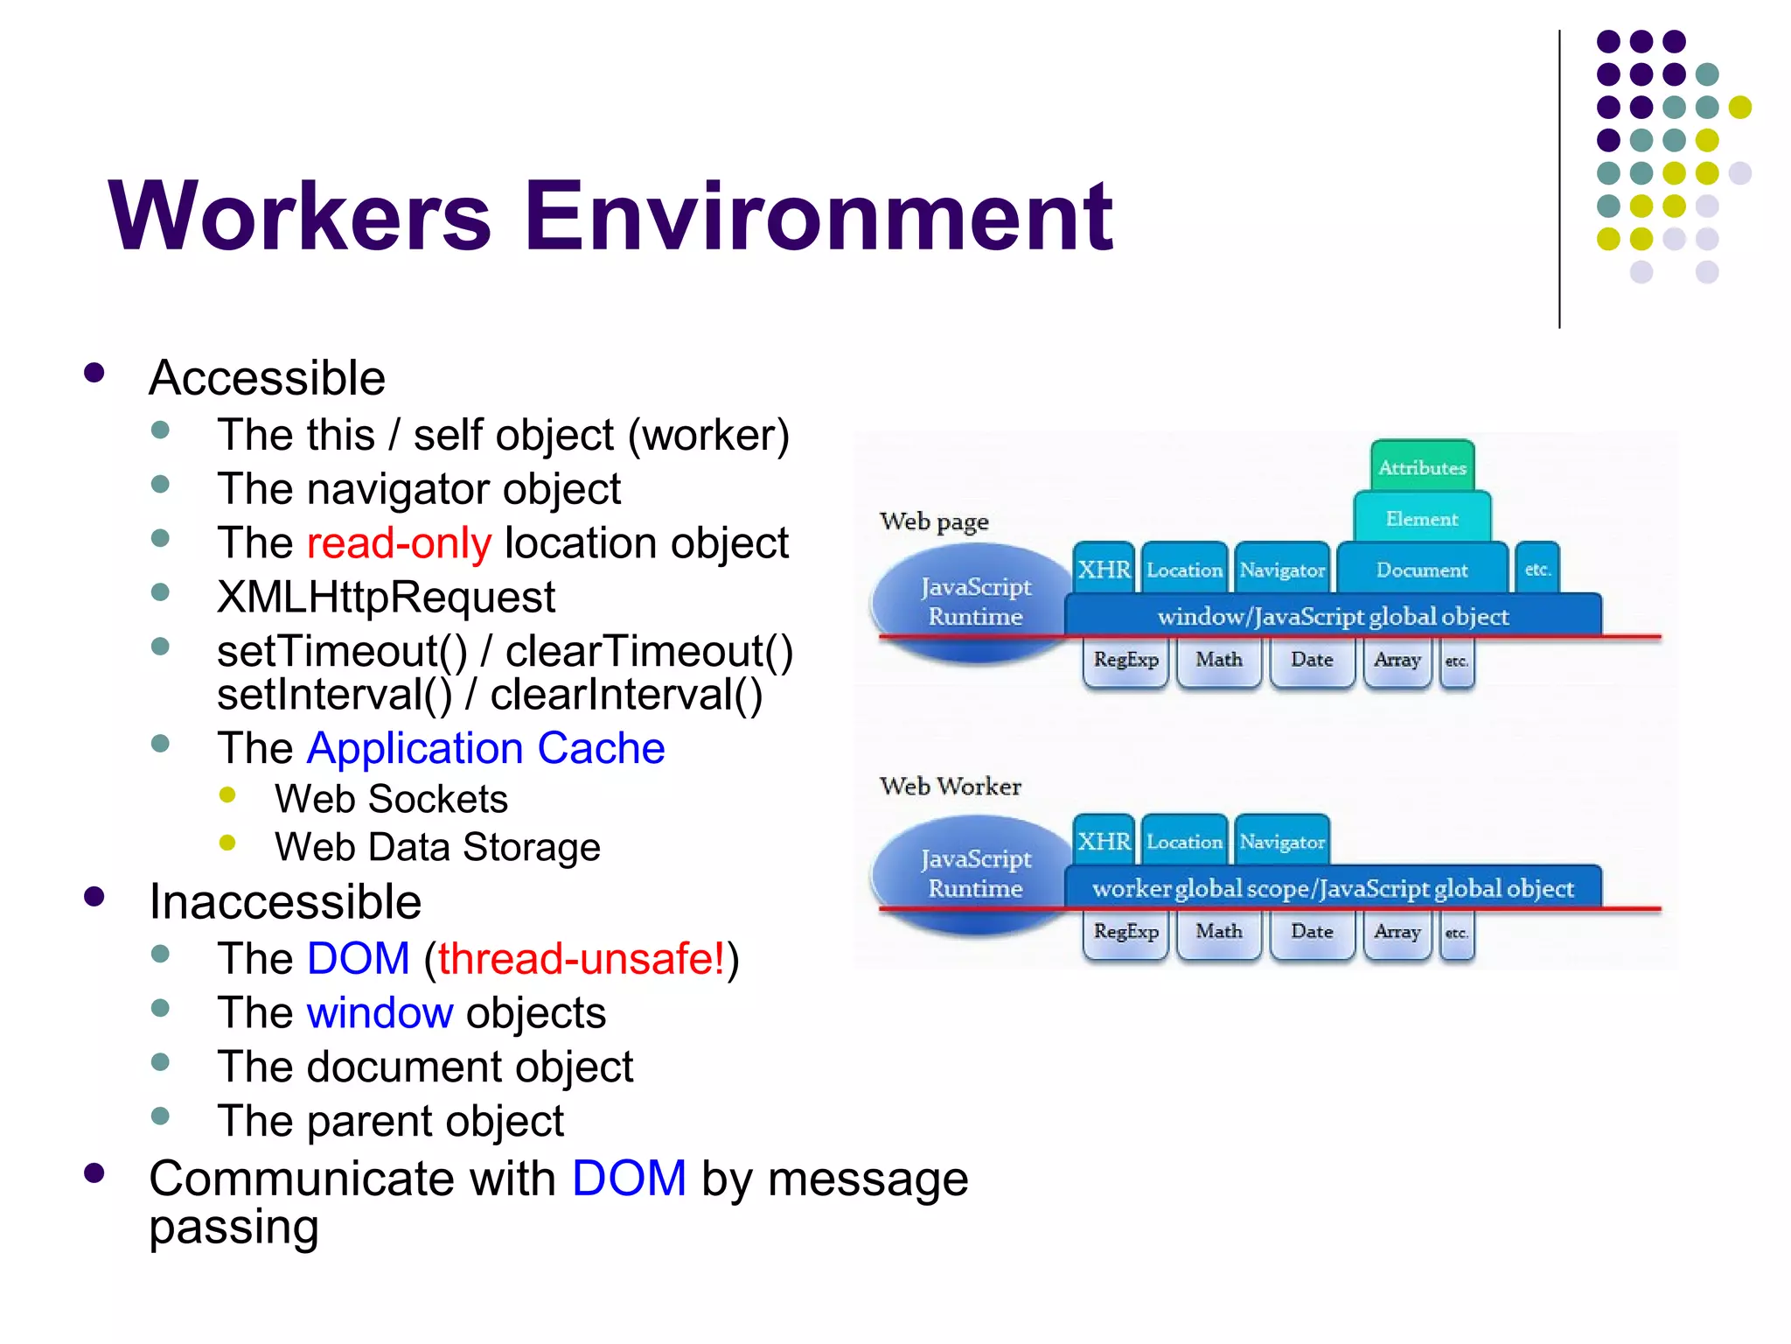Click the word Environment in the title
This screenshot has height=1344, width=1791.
point(818,216)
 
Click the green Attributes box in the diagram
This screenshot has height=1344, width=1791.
point(1422,467)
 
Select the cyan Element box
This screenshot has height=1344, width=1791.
point(1422,519)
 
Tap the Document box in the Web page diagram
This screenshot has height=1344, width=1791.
point(1422,570)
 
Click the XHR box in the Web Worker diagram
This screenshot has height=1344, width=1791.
point(1104,841)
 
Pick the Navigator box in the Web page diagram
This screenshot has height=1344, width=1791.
point(1282,570)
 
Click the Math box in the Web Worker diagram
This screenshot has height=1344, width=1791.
point(1218,931)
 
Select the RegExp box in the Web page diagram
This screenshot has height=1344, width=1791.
point(1125,659)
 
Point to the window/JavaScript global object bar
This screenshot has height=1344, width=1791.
point(1333,616)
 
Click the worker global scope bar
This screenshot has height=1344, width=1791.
point(1333,888)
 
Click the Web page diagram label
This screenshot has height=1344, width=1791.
point(934,521)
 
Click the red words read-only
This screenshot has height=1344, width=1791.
point(399,543)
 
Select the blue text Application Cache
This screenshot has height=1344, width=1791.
point(486,749)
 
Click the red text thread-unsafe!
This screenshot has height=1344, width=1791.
point(582,959)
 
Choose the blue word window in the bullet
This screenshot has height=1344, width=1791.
point(380,1013)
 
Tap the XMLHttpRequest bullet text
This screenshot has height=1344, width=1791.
point(386,598)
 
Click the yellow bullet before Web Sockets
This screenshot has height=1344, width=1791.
point(227,794)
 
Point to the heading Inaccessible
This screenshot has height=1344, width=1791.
point(285,902)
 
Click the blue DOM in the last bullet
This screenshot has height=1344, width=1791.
point(629,1179)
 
